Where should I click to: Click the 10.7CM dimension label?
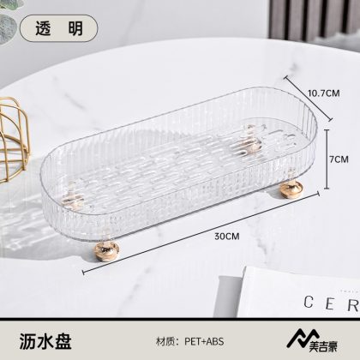[324, 93]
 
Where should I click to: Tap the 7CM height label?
[339, 159]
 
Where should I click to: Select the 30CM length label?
[227, 237]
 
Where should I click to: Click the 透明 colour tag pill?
[59, 28]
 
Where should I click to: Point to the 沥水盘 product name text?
[45, 341]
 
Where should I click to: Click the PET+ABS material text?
[204, 341]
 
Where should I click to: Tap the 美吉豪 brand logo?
[312, 340]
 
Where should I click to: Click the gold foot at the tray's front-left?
[106, 250]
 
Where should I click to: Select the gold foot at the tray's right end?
[291, 189]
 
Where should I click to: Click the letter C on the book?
[309, 302]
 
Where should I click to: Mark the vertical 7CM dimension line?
[327, 159]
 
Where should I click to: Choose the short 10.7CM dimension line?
[308, 98]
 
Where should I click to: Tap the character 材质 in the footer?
[165, 342]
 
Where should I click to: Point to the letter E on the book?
[330, 304]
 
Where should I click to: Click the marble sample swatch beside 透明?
[8, 28]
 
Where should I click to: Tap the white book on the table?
[297, 292]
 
